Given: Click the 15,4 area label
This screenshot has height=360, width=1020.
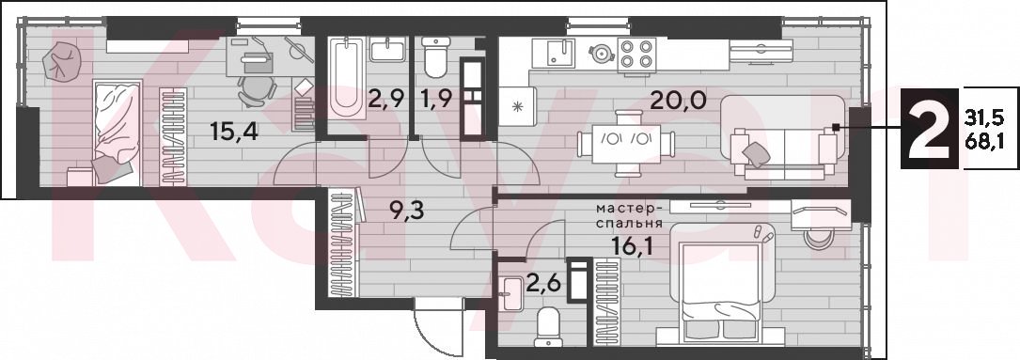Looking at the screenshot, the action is [x=234, y=133].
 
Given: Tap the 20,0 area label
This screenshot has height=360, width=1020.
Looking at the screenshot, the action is [x=676, y=102].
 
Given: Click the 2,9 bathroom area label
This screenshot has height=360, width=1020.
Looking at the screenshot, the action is [x=385, y=101].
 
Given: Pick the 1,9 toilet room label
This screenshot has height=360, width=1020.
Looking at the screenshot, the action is [x=437, y=101].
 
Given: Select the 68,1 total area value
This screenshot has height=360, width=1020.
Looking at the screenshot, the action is [x=982, y=140].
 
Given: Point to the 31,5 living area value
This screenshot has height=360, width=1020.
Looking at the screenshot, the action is [x=982, y=118].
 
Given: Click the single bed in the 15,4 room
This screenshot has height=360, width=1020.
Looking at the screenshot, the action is [x=118, y=133].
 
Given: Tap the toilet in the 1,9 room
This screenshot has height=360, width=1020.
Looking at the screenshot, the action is [x=434, y=56].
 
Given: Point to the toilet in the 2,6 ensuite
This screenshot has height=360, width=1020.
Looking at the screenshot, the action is [x=547, y=325].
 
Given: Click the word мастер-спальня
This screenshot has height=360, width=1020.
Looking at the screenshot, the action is [x=631, y=215].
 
